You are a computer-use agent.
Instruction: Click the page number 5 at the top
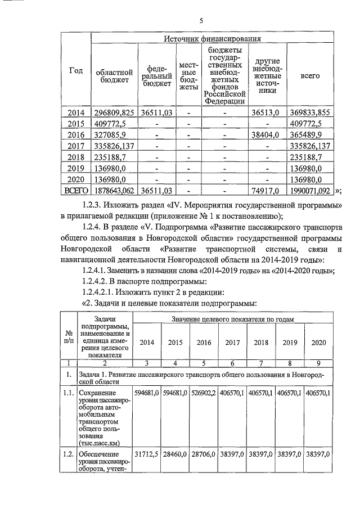tap(201, 21)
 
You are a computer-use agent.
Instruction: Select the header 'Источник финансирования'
tap(213, 39)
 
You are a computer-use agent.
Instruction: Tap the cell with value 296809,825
tap(115, 112)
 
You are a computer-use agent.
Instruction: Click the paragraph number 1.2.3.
tap(93, 205)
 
